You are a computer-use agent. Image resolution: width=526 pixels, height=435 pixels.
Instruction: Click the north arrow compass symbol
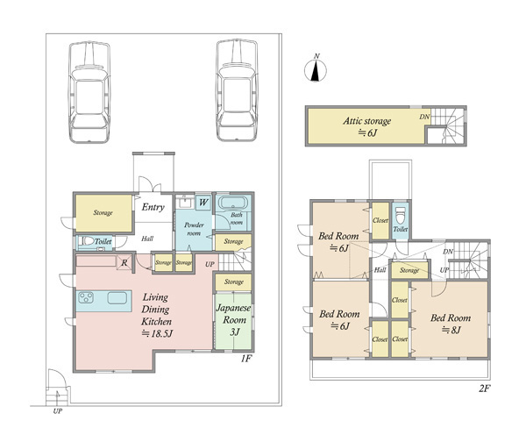click(316, 70)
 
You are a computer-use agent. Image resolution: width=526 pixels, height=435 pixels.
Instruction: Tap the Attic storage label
click(366, 121)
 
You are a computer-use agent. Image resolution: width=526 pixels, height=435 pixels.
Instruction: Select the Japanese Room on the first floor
click(233, 321)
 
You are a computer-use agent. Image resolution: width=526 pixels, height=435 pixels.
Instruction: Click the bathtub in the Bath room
click(233, 203)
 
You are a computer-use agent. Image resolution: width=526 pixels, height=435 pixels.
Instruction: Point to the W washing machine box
click(203, 203)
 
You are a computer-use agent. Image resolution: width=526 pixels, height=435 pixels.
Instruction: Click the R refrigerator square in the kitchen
click(124, 262)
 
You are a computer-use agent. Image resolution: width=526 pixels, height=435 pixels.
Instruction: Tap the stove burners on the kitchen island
click(87, 297)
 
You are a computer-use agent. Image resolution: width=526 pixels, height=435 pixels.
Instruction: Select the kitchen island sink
click(117, 298)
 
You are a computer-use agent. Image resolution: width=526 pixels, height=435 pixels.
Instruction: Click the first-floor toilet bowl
click(89, 241)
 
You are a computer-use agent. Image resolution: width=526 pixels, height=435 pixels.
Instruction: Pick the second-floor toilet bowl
click(400, 215)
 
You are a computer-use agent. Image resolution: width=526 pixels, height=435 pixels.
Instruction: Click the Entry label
click(153, 207)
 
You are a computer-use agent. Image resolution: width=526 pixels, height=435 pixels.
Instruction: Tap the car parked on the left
click(89, 92)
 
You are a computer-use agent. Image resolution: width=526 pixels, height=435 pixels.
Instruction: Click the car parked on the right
click(237, 90)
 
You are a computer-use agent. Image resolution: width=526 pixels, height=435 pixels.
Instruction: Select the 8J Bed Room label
click(451, 324)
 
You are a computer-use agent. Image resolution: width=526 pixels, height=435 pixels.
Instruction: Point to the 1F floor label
click(245, 359)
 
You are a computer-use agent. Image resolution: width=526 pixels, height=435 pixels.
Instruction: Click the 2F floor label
click(485, 389)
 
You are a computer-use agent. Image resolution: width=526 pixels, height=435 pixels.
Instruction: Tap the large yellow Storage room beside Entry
click(103, 213)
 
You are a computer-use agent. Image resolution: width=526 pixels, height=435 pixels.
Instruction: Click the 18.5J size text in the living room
click(157, 333)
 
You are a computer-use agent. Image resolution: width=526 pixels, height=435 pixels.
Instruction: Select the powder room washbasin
click(184, 202)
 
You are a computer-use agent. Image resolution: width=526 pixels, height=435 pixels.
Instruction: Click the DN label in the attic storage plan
click(424, 117)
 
